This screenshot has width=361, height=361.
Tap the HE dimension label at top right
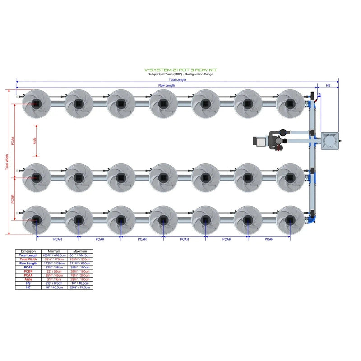coord(328,85)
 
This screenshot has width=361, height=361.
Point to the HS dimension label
coord(319,94)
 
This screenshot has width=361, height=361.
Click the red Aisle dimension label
coord(35,141)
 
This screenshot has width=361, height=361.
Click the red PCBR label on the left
coord(13,199)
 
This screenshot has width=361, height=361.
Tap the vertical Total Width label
coord(6,162)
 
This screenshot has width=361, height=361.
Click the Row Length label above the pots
coord(167,85)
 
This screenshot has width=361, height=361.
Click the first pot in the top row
coord(37,103)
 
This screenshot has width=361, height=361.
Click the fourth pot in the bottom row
coord(163,220)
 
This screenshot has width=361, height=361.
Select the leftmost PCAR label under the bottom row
coord(58,239)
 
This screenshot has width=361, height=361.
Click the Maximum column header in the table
coord(80,251)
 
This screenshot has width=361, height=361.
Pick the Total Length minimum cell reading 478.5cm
coord(54,255)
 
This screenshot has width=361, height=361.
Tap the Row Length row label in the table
coord(28,264)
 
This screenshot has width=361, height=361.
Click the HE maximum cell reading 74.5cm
coord(80,287)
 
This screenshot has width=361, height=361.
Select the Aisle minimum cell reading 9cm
coord(54,279)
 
